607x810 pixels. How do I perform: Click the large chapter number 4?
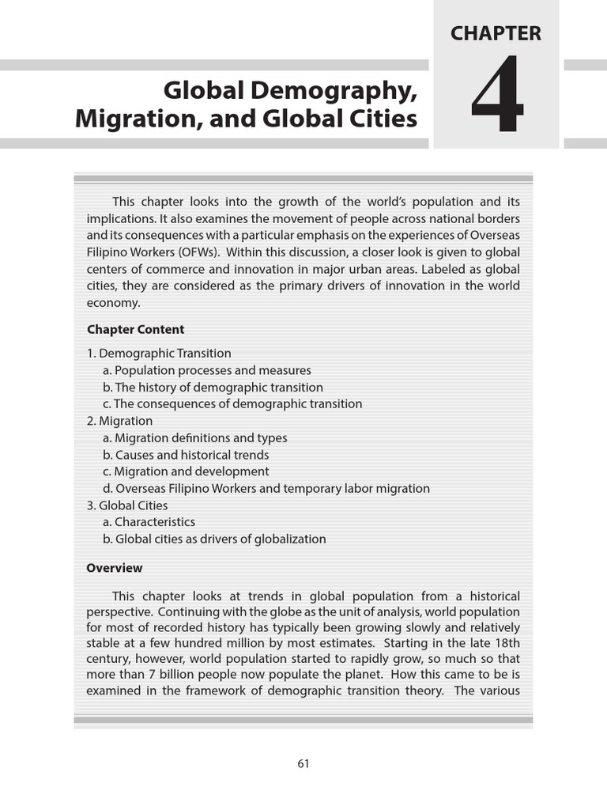point(496,96)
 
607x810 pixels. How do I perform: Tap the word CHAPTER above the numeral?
point(496,33)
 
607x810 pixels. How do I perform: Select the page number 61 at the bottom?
point(303,763)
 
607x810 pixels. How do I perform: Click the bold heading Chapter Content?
point(135,330)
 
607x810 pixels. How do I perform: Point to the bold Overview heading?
point(115,568)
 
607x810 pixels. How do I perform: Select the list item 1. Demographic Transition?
point(159,354)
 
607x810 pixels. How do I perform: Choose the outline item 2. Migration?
point(119,421)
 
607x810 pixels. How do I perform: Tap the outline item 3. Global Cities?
point(127,505)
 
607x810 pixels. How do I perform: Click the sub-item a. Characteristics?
point(149,522)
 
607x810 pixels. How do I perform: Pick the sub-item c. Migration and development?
point(186,471)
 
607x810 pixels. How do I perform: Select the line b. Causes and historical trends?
point(186,455)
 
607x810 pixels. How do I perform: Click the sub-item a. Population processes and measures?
point(207,370)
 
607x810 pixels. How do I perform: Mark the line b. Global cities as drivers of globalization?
point(214,539)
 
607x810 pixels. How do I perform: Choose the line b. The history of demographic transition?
point(213,388)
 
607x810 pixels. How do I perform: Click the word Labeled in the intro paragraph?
point(445,270)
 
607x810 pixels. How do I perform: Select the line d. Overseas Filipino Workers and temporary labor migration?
point(266,489)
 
